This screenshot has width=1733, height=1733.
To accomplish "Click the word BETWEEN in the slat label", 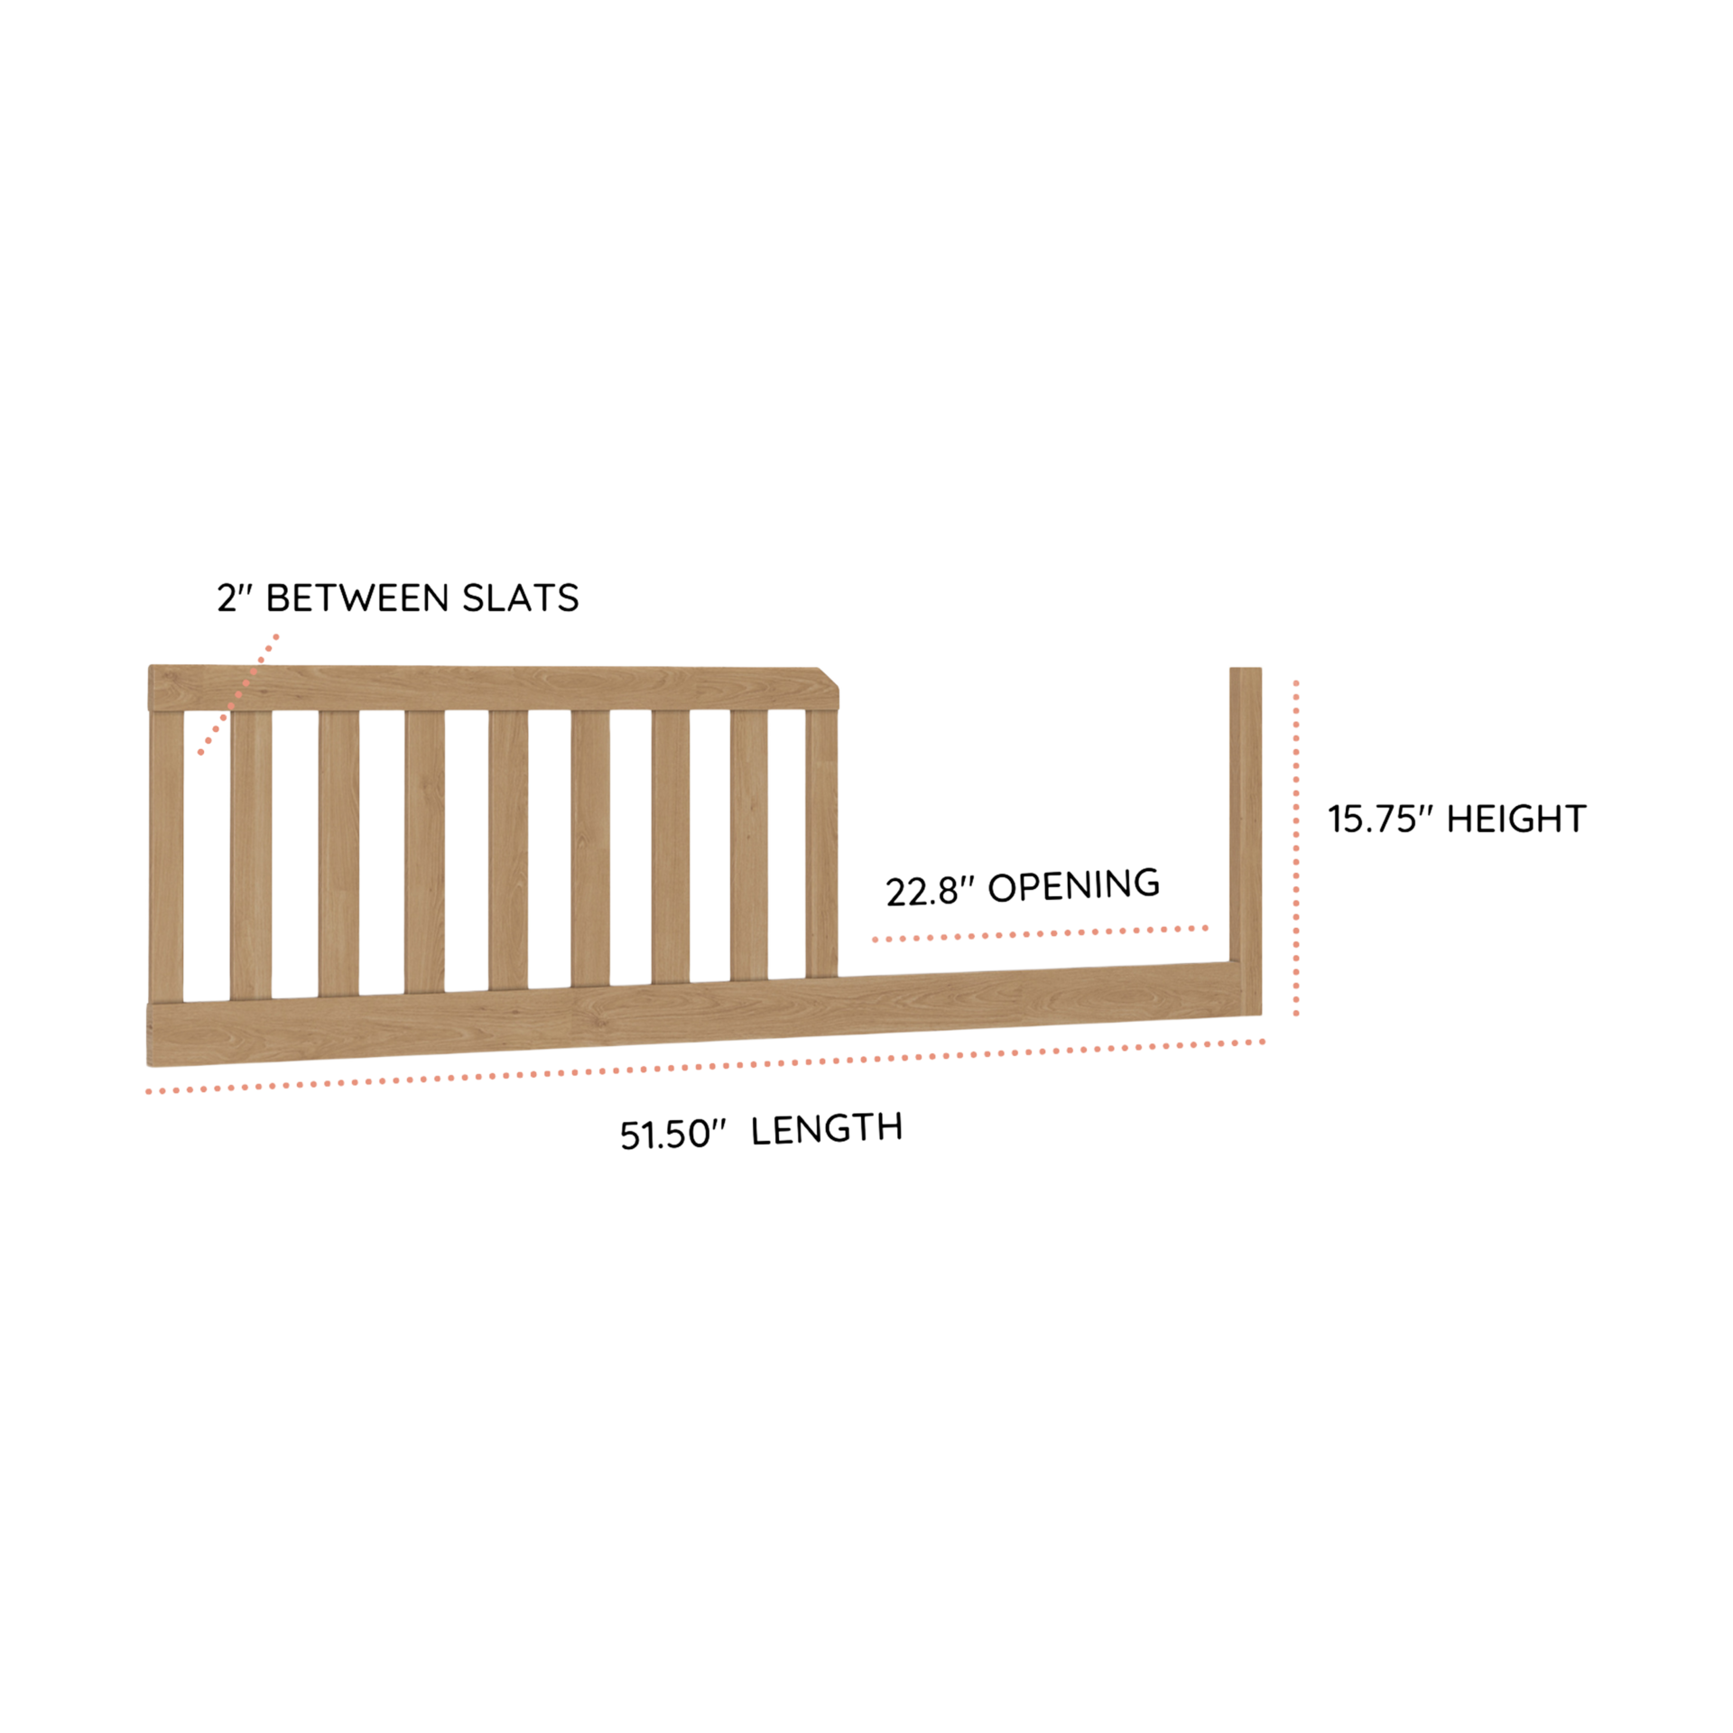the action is [358, 598].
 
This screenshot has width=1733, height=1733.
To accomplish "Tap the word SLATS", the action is [520, 598].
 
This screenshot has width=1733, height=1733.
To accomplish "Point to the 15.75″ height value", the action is [1380, 819].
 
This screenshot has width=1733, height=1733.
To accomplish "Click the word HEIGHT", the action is [1516, 819].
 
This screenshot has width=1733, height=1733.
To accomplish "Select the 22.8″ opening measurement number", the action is [930, 891].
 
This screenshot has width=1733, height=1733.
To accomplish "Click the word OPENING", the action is [1073, 885].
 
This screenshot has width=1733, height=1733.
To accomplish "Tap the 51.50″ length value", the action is [672, 1135].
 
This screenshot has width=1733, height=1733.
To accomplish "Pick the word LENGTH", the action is [826, 1128].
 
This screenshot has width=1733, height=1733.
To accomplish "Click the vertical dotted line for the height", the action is [1296, 848].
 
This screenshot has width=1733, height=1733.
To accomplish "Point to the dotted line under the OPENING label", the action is [1040, 933].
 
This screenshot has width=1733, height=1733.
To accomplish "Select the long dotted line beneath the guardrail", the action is [705, 1066].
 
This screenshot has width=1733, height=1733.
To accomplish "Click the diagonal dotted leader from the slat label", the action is [238, 694].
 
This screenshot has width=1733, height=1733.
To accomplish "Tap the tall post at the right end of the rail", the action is [1246, 839].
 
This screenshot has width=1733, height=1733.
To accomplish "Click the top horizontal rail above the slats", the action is [493, 689].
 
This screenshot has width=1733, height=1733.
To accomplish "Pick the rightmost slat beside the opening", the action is [821, 843].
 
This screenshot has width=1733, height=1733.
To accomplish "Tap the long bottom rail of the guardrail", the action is [704, 1014].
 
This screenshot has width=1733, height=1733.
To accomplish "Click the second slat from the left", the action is [251, 854].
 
